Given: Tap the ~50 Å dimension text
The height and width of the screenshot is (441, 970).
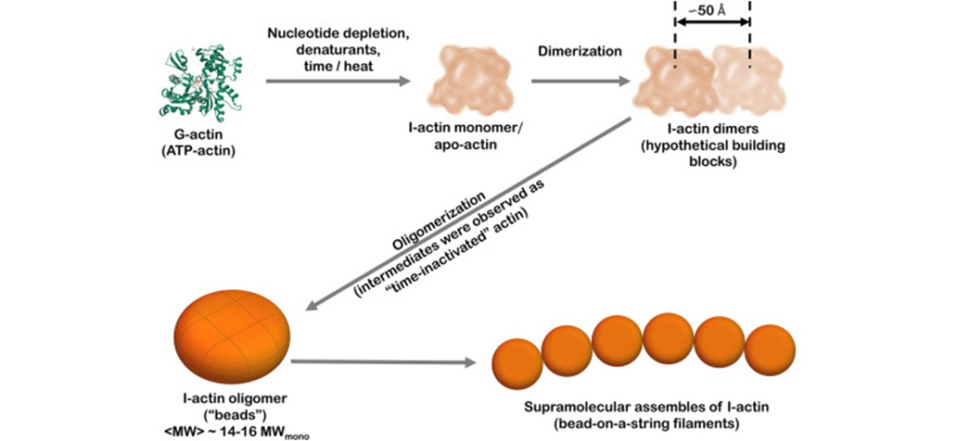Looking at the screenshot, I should click(x=711, y=11).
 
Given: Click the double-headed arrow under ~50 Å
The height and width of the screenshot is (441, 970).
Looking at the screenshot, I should click(x=711, y=34).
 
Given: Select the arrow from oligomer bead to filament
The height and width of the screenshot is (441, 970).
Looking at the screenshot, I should click(x=384, y=361).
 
